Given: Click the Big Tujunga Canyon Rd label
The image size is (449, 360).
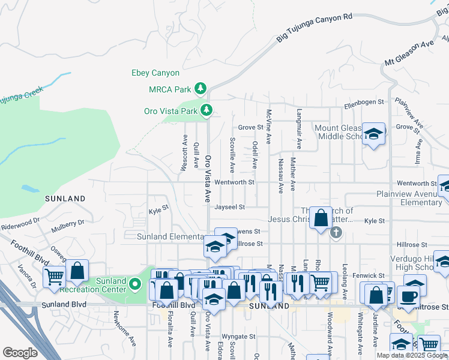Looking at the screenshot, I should (314, 28).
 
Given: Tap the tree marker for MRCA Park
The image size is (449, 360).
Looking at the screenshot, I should (200, 89).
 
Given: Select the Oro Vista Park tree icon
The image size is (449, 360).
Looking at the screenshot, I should (206, 110).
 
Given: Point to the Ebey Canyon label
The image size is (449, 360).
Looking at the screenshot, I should (155, 73).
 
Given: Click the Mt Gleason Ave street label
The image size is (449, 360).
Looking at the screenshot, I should (409, 53).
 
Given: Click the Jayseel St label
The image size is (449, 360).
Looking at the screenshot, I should (230, 207).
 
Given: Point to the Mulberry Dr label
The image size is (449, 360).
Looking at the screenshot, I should (68, 224).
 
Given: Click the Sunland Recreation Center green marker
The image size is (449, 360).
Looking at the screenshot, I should (136, 284).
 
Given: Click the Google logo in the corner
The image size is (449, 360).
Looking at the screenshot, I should (20, 353).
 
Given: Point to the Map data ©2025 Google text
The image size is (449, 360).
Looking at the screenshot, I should (412, 355).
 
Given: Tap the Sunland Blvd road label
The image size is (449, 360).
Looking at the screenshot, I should (64, 305).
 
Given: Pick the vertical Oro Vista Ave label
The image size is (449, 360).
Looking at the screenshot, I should (208, 179).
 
